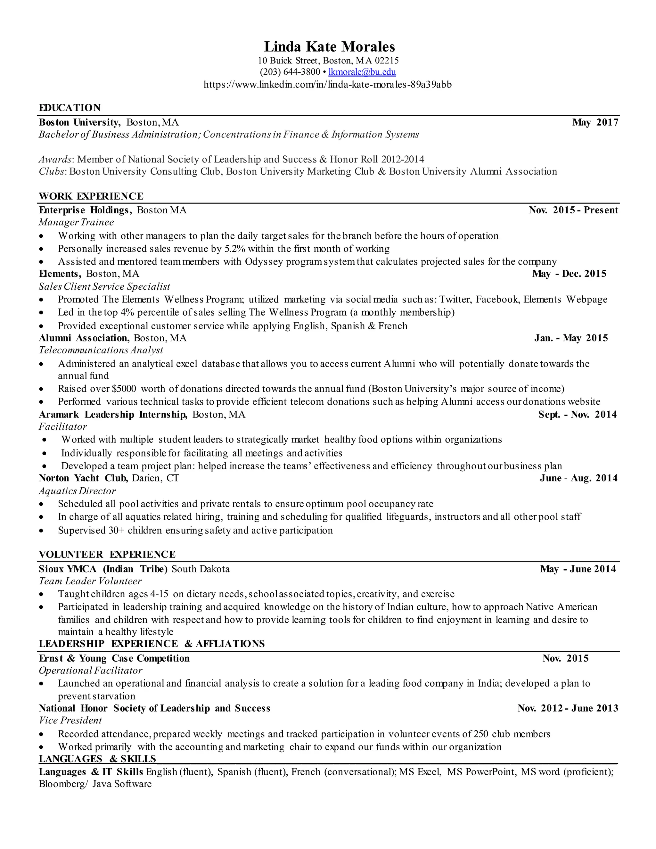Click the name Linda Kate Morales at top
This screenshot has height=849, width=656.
pos(330,47)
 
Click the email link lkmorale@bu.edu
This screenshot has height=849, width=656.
pos(362,72)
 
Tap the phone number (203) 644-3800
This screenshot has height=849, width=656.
pos(290,72)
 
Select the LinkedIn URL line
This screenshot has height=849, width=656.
pos(328,84)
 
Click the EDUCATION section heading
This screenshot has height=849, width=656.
pos(70,108)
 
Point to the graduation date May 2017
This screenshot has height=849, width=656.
pos(595,122)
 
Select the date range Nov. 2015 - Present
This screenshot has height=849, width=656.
pos(573,210)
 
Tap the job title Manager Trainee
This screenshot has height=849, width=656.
pos(76,222)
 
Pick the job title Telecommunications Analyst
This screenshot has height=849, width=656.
pos(101,350)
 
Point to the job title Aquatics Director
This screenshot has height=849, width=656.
pos(77,491)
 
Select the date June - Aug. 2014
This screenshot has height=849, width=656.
pos(578,478)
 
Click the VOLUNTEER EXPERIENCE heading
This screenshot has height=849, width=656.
pos(107,554)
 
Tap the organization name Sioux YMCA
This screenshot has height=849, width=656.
pos(68,569)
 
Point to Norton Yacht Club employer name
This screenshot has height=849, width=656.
pos(83,478)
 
